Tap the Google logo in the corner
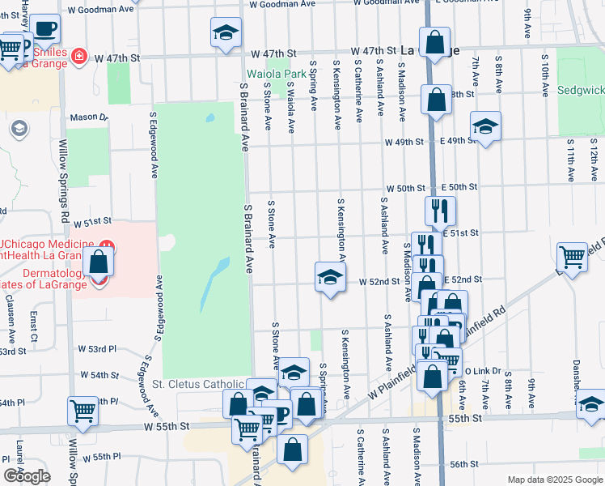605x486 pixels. point(26,476)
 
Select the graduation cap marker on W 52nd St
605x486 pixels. point(329,278)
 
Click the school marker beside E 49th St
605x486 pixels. point(484,127)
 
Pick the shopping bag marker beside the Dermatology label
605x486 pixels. point(98,262)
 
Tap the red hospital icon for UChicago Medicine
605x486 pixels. point(104,245)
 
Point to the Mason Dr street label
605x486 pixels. point(89,117)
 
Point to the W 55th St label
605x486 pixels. point(167,426)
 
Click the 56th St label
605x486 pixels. point(465,464)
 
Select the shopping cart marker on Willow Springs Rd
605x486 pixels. point(83,411)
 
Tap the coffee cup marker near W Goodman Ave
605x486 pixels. point(46,29)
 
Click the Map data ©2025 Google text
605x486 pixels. point(554,480)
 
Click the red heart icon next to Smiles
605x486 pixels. point(78,57)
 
